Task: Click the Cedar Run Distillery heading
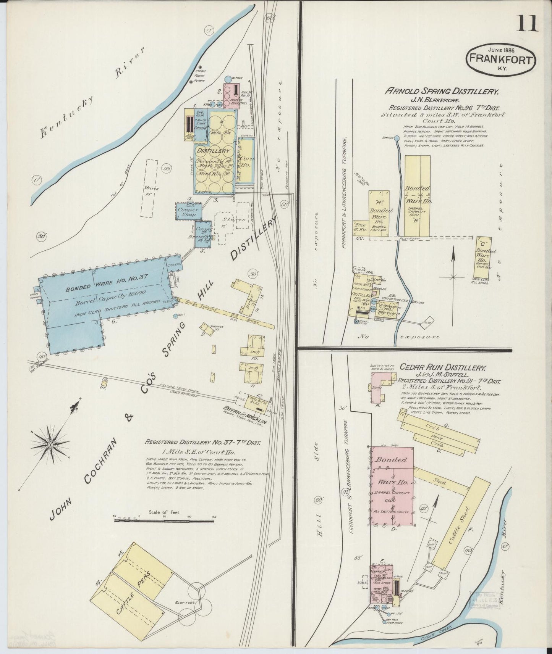pos(442,368)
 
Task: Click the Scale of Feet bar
pos(164,520)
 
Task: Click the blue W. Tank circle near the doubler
pos(228,79)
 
